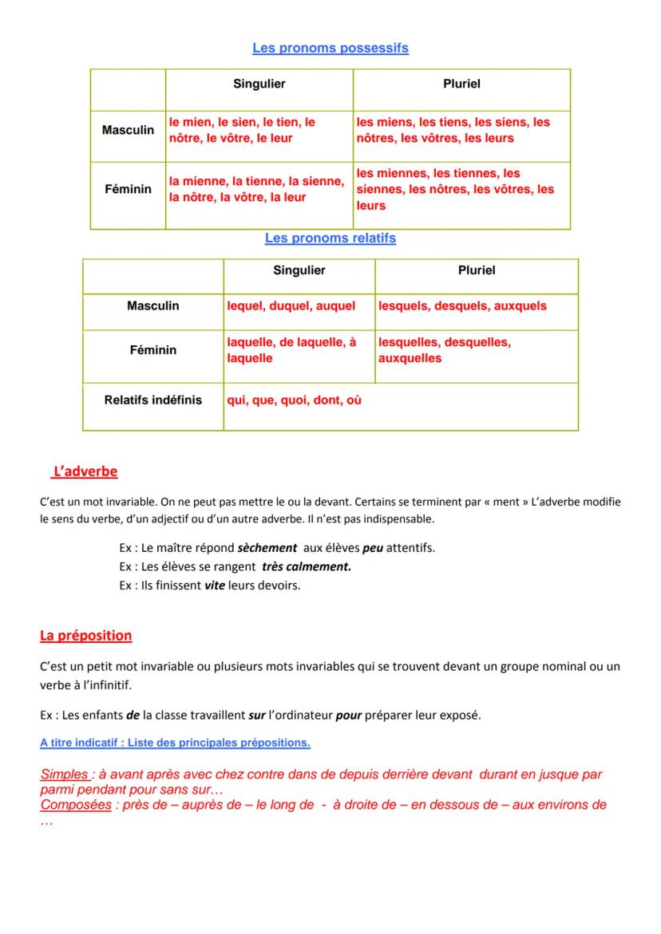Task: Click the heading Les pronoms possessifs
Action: [x=330, y=48]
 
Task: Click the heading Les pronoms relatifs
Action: [x=330, y=238]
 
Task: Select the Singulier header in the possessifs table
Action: [x=259, y=84]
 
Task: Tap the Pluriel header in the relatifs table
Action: [x=476, y=270]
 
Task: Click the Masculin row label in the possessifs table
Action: [x=128, y=130]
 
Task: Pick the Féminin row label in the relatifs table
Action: [x=152, y=350]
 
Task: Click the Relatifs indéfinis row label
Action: [x=152, y=400]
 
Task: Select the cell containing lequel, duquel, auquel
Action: [x=291, y=306]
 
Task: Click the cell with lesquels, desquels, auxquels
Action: [x=462, y=306]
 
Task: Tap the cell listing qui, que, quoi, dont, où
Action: [x=294, y=400]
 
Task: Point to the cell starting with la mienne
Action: [x=256, y=190]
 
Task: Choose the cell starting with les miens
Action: [x=453, y=130]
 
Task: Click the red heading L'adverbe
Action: [x=85, y=471]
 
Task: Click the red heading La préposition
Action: [x=85, y=636]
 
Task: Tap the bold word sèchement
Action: [x=267, y=548]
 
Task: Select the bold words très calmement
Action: [x=307, y=567]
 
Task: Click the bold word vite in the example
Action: [x=214, y=585]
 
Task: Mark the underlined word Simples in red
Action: [x=64, y=774]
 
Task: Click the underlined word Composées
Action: [x=76, y=805]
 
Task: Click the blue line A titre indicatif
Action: [x=175, y=743]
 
